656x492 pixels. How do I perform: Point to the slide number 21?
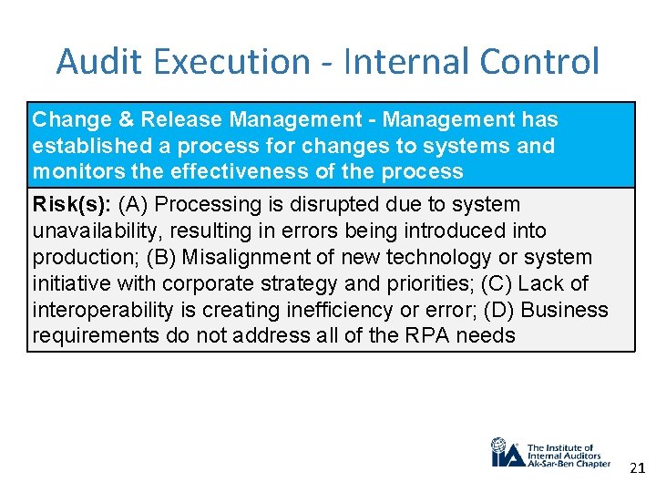click(636, 468)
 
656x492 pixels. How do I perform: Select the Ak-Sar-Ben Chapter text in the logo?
click(569, 464)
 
